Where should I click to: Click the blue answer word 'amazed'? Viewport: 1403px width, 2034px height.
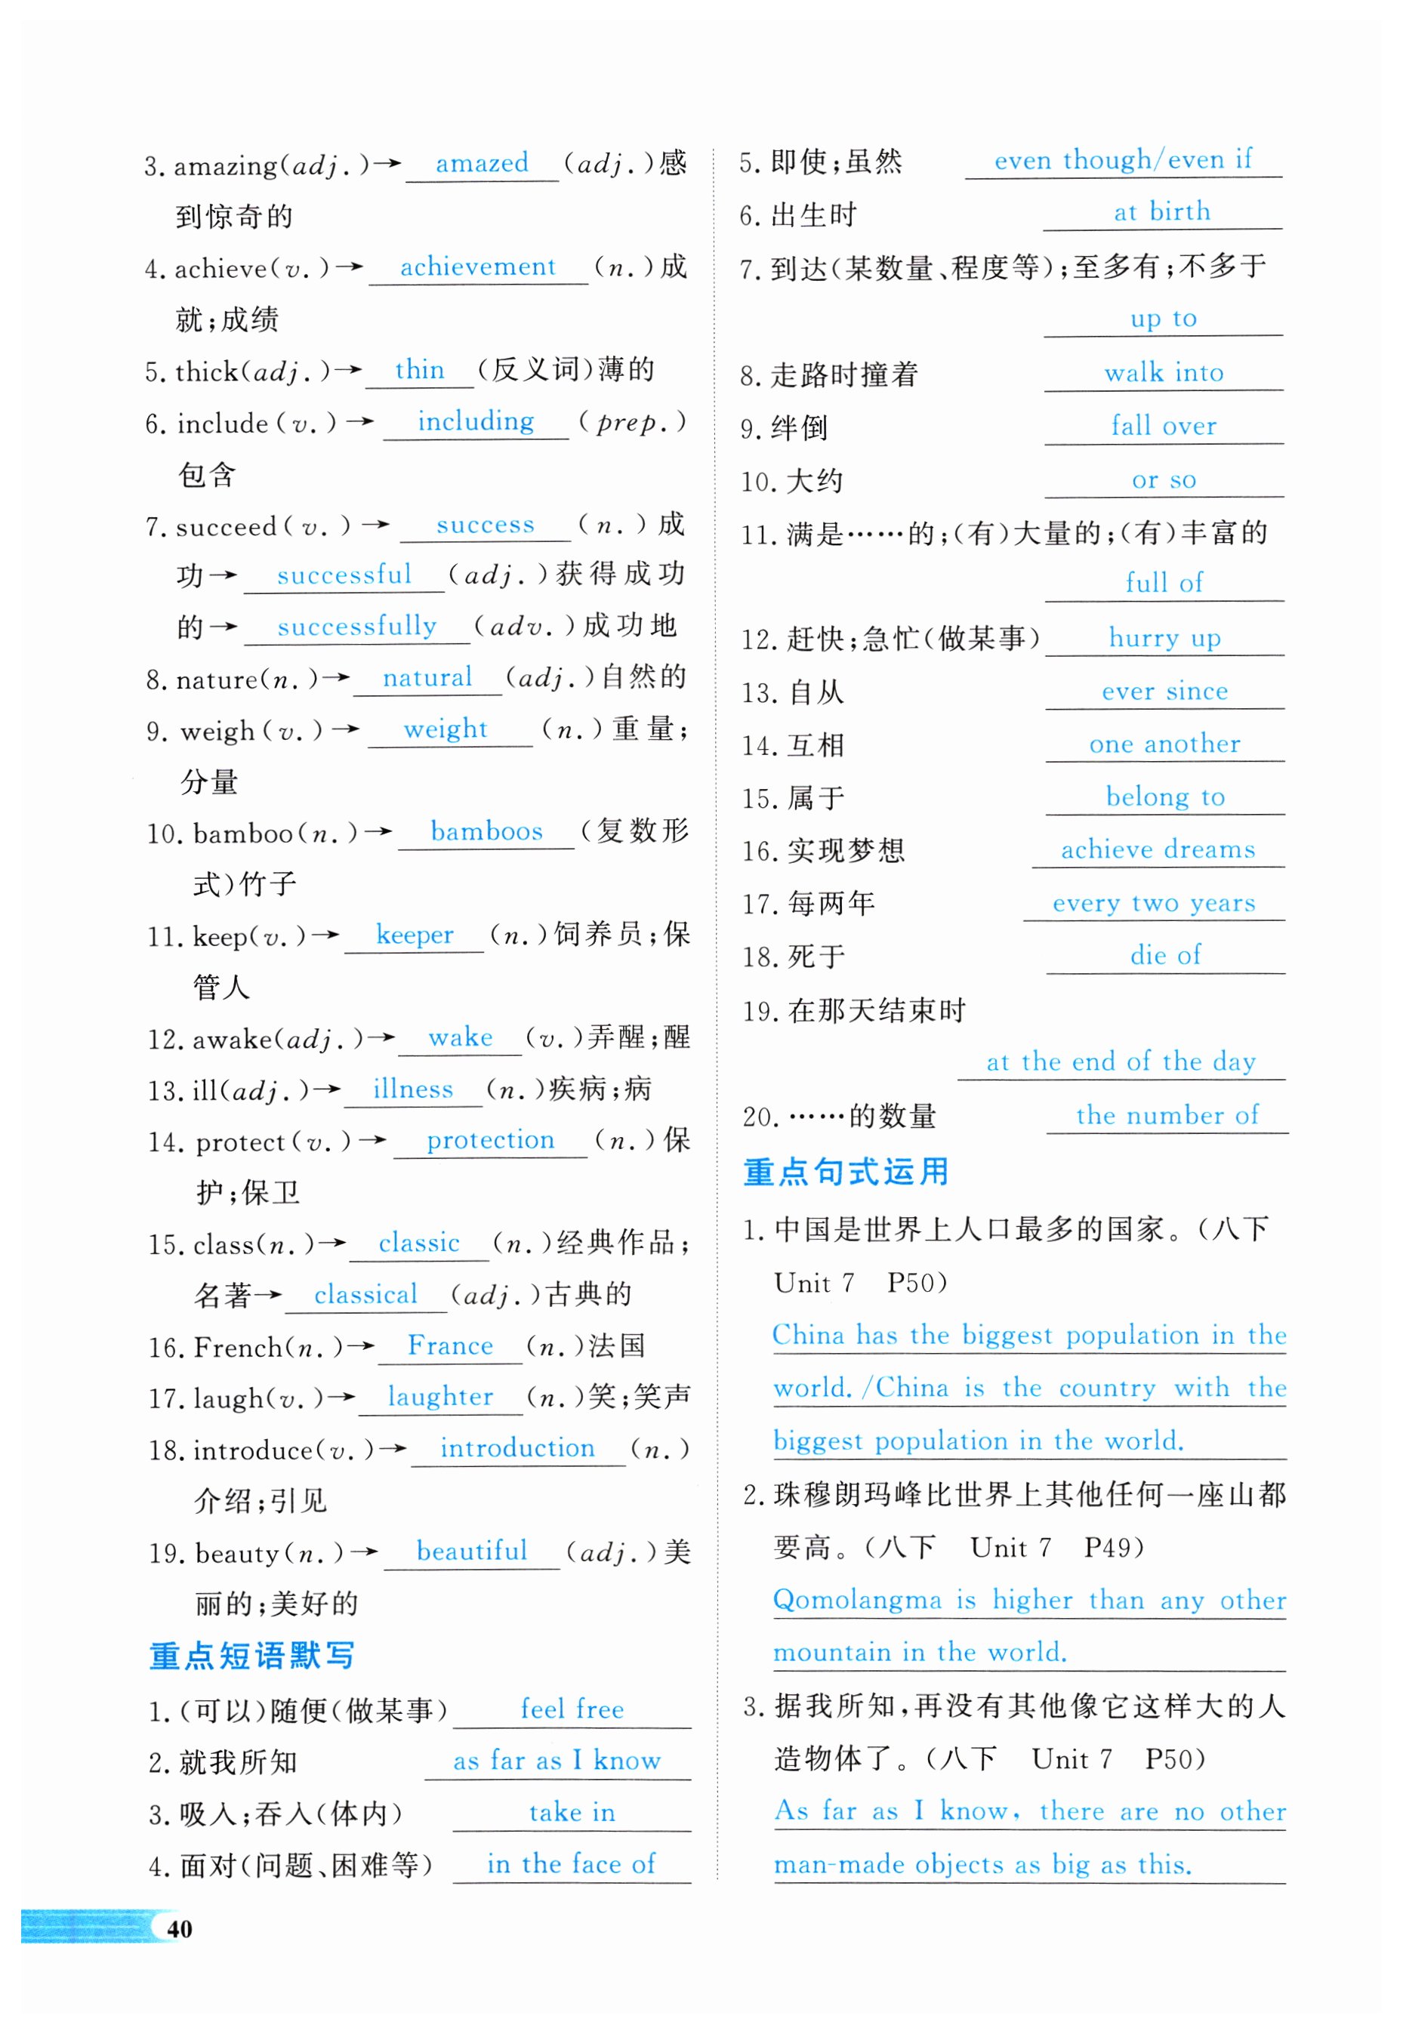pos(482,164)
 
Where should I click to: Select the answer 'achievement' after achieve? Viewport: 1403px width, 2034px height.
pos(477,267)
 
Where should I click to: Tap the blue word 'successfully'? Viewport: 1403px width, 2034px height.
pos(357,627)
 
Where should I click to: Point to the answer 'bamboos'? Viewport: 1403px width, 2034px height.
pos(486,831)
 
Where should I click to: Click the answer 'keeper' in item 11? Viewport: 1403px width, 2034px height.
pos(414,935)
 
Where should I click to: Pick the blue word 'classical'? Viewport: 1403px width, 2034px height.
pos(365,1295)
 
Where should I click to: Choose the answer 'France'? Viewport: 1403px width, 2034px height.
pos(450,1345)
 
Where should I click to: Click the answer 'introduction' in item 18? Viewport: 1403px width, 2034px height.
pos(517,1449)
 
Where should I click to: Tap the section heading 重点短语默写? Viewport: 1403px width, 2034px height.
pos(252,1656)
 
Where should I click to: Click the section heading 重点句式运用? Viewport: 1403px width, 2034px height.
pos(846,1172)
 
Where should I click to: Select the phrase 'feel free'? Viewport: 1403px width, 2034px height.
pos(572,1709)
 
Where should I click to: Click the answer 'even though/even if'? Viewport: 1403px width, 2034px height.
pos(1123,160)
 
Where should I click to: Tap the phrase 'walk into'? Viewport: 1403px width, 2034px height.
pos(1164,373)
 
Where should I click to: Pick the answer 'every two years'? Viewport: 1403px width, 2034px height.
pos(1153,903)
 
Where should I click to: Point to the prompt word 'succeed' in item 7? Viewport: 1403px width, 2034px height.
pos(226,528)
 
